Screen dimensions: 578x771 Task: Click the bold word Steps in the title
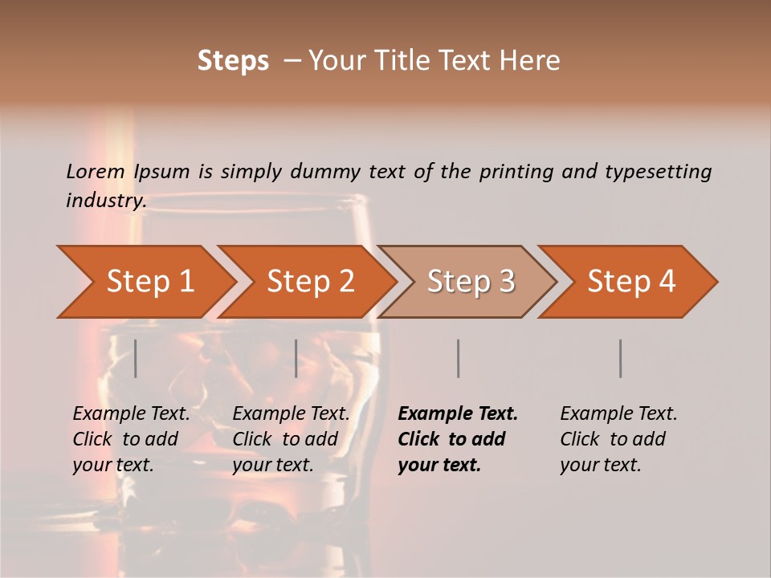(233, 60)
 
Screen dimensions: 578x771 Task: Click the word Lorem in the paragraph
(95, 171)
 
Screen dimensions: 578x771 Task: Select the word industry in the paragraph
(105, 200)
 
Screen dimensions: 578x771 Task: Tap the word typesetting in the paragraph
(657, 171)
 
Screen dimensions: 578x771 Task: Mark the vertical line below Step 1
(135, 358)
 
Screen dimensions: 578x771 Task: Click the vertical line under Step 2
(296, 358)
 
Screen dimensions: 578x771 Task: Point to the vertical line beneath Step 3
(458, 358)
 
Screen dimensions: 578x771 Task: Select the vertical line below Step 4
(620, 358)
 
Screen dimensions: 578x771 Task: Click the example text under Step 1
(131, 439)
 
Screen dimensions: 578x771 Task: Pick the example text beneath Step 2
(291, 439)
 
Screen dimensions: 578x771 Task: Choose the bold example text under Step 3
(457, 439)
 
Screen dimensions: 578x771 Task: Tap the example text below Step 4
(618, 439)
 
